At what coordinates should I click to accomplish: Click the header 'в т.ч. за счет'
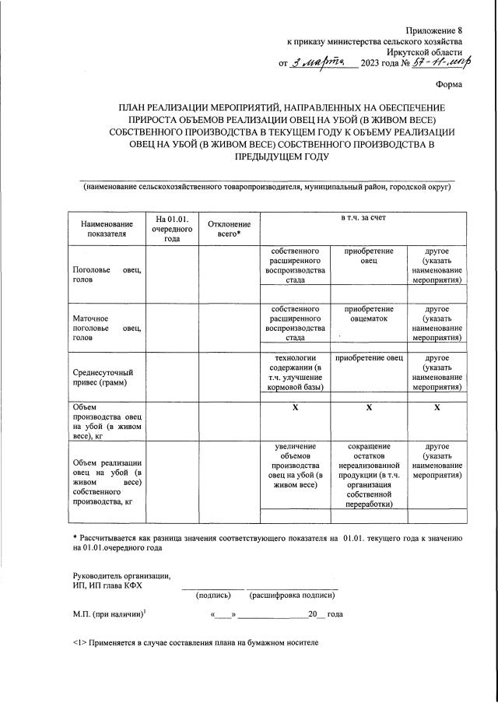pyautogui.click(x=363, y=218)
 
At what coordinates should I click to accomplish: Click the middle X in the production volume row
pyautogui.click(x=368, y=407)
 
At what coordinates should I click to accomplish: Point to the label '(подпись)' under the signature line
pyautogui.click(x=214, y=596)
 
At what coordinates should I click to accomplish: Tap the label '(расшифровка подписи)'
pyautogui.click(x=292, y=596)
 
